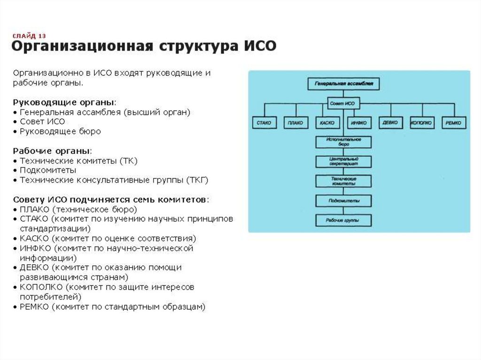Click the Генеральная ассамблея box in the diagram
click(x=343, y=84)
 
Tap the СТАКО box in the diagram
click(x=263, y=123)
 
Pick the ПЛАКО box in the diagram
click(x=295, y=123)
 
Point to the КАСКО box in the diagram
click(x=326, y=123)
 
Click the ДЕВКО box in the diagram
click(x=390, y=123)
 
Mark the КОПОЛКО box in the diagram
click(x=422, y=123)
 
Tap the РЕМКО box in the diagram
click(x=454, y=123)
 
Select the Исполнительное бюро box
click(x=343, y=142)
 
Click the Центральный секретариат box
click(x=343, y=162)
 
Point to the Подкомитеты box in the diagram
click(x=343, y=201)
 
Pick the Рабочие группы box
click(x=343, y=220)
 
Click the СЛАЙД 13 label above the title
click(x=29, y=36)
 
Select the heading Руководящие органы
click(x=63, y=102)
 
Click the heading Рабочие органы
click(x=52, y=151)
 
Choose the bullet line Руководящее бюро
click(x=60, y=131)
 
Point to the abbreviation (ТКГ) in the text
click(x=197, y=180)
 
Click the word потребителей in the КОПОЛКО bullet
click(x=50, y=297)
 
